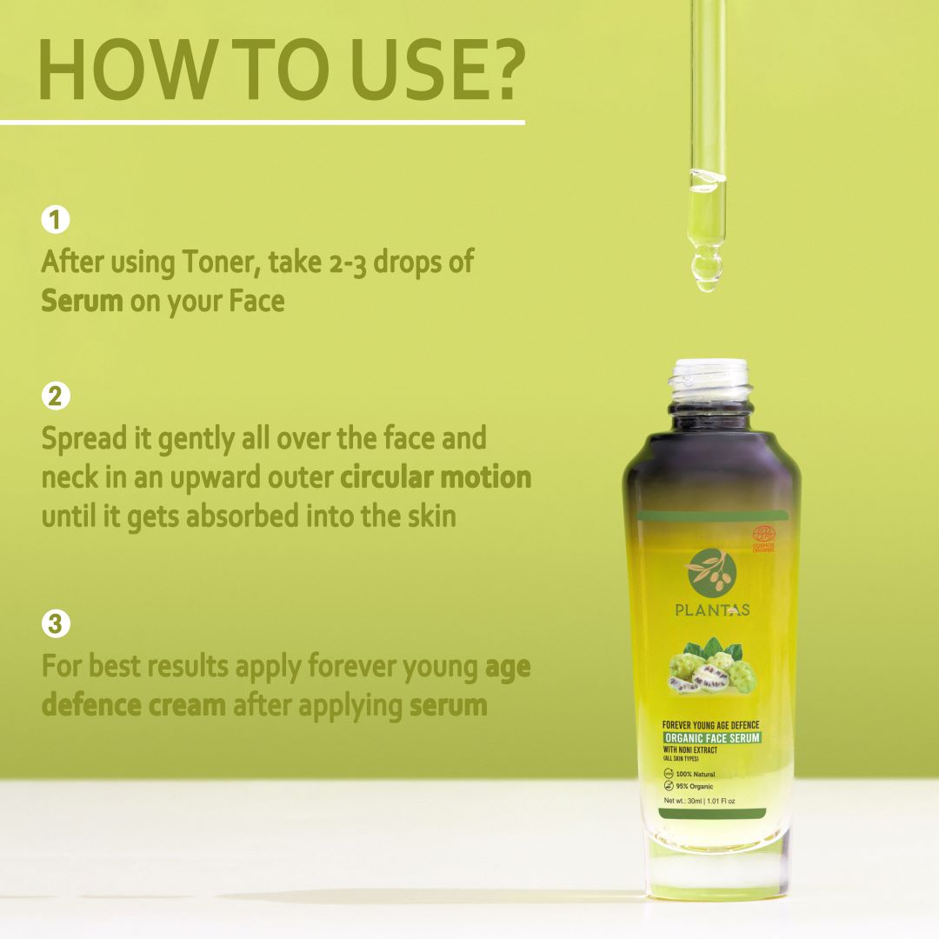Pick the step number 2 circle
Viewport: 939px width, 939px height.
coord(55,396)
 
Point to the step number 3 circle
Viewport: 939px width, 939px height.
coord(55,623)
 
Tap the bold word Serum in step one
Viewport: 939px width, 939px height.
coord(83,301)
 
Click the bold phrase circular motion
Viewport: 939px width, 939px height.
coord(436,477)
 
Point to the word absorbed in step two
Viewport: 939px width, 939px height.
coord(231,516)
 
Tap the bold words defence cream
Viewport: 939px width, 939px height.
coord(134,705)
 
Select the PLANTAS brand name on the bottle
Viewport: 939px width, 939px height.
coord(712,610)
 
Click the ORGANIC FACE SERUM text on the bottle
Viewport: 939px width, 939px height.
coord(712,738)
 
